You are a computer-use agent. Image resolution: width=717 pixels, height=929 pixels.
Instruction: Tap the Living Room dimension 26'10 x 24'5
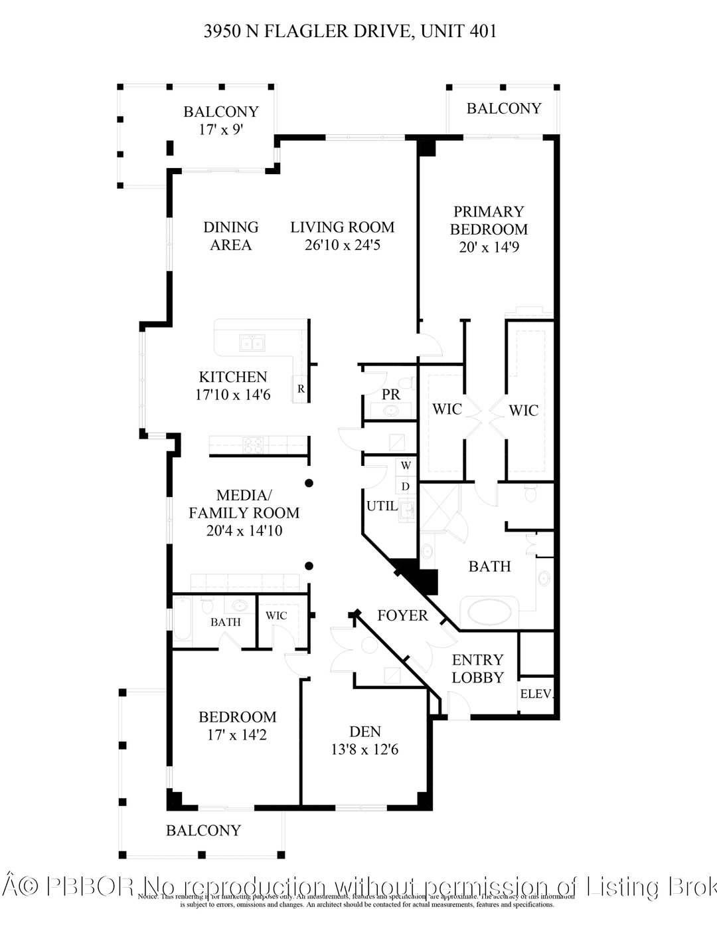pos(342,245)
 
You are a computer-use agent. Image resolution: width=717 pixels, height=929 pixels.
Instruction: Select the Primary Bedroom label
pos(489,221)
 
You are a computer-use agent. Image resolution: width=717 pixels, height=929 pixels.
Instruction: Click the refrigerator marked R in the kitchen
pos(301,389)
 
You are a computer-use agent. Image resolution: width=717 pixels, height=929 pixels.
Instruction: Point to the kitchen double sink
pos(252,344)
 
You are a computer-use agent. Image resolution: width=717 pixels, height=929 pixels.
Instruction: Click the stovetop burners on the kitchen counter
pos(253,444)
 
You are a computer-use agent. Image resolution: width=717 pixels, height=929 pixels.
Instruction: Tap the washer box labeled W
pos(406,466)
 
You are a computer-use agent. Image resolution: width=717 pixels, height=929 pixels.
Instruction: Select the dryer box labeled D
pos(406,486)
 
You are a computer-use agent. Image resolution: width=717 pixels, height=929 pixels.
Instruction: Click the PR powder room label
pos(390,395)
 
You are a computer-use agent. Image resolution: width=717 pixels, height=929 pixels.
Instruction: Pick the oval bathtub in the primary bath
pos(490,611)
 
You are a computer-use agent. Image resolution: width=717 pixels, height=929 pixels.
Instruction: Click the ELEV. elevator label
pos(536,694)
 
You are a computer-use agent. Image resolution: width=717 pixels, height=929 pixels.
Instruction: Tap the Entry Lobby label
pos(477,669)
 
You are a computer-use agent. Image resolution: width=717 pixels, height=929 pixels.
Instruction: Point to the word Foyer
pos(402,615)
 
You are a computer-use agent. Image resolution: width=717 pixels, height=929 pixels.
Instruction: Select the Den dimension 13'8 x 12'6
pos(364,750)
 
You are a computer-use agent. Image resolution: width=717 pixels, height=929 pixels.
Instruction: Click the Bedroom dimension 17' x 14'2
pos(237,735)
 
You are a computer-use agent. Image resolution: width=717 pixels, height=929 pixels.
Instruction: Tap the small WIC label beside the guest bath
pos(276,615)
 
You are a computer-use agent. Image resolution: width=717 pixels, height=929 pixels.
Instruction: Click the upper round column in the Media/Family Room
pos(309,483)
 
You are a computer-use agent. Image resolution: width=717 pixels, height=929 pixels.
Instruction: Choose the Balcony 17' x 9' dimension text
pos(221,130)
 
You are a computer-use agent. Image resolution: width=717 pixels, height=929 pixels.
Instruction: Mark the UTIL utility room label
pos(382,506)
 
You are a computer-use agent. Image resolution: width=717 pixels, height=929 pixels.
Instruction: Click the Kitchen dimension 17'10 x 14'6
pos(232,395)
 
